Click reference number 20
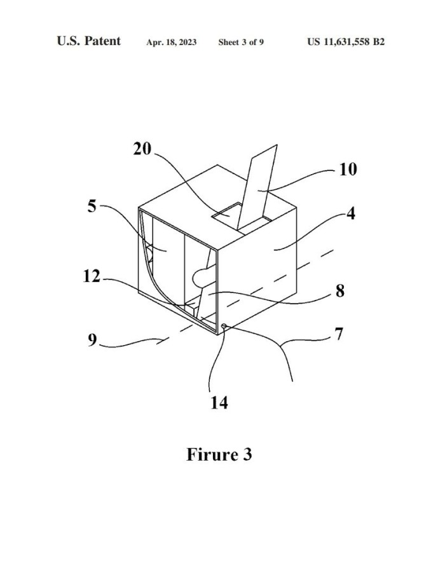pyautogui.click(x=142, y=149)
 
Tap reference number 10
pyautogui.click(x=347, y=170)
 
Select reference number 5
pyautogui.click(x=92, y=206)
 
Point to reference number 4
pyautogui.click(x=351, y=213)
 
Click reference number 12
pyautogui.click(x=92, y=276)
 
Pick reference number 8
pyautogui.click(x=340, y=290)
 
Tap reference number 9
pyautogui.click(x=92, y=339)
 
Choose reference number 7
pyautogui.click(x=339, y=334)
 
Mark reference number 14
pyautogui.click(x=219, y=402)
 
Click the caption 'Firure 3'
pyautogui.click(x=219, y=454)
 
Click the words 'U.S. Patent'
pyautogui.click(x=89, y=41)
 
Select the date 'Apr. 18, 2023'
pyautogui.click(x=171, y=42)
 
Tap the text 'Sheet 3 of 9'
pyautogui.click(x=241, y=42)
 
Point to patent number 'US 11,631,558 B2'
pyautogui.click(x=346, y=42)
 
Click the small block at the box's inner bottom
pyautogui.click(x=192, y=308)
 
